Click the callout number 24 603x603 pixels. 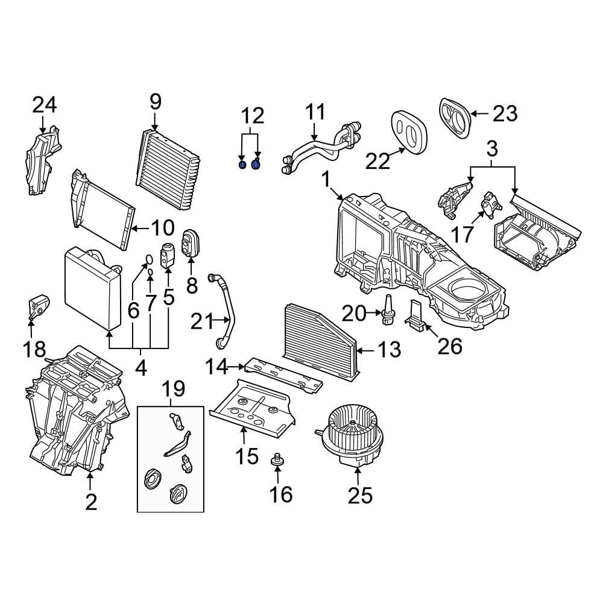[x=44, y=105]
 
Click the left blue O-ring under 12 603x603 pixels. [x=242, y=165]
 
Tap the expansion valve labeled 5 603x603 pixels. [x=168, y=253]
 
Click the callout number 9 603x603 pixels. [x=155, y=101]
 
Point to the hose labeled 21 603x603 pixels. [x=226, y=311]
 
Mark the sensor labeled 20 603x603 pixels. [x=387, y=308]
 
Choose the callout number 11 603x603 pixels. [x=315, y=113]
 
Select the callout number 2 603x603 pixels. [x=90, y=501]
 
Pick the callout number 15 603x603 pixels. [x=247, y=456]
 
